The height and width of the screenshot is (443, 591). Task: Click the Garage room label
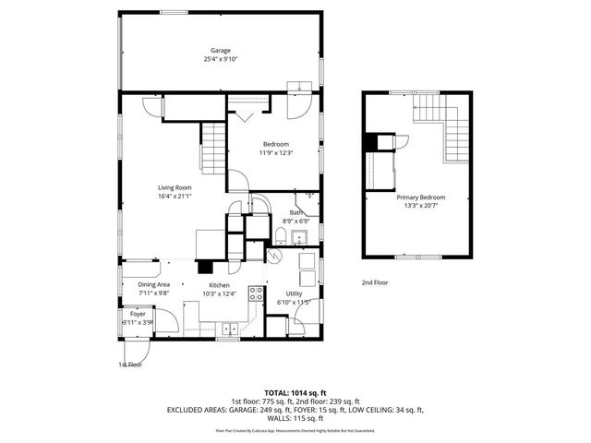(219, 51)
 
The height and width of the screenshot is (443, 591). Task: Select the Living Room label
(174, 187)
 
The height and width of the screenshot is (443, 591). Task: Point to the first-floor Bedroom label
(276, 143)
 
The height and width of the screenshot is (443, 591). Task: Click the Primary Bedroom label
(421, 197)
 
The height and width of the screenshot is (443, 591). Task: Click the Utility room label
(294, 293)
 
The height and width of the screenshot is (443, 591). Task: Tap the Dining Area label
(153, 285)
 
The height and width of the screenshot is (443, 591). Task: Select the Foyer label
(137, 314)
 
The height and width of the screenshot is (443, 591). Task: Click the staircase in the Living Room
(213, 150)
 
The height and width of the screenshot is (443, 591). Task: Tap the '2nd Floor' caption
(374, 282)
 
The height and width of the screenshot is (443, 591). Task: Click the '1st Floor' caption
(130, 365)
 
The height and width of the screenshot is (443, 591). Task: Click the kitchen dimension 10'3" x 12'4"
(220, 294)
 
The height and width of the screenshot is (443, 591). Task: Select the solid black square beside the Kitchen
(200, 269)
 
